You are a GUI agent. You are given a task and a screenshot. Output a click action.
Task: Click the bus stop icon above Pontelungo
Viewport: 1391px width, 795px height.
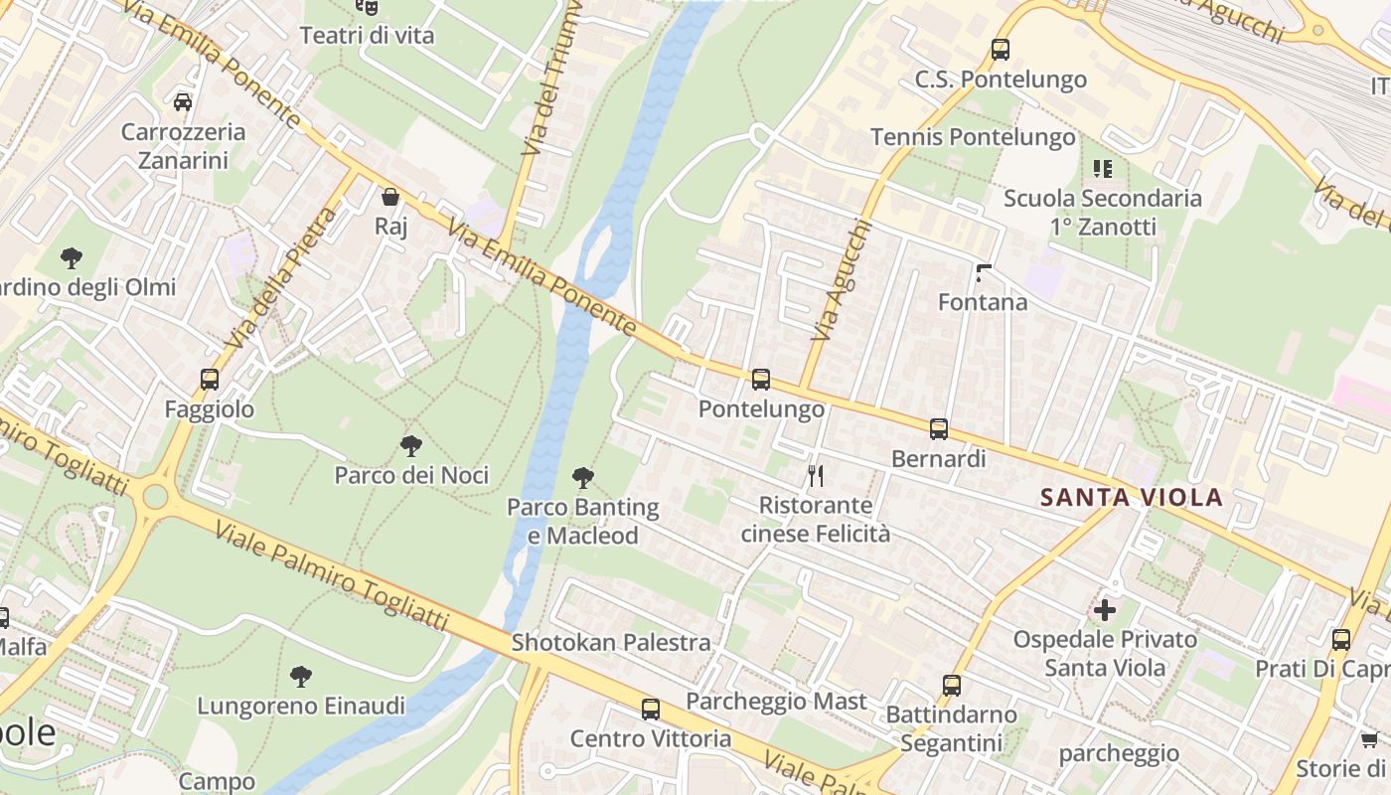tap(761, 379)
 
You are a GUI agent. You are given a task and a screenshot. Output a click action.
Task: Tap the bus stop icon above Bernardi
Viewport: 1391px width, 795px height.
tap(939, 428)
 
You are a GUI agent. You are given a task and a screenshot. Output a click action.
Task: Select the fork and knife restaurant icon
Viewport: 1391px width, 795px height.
tap(816, 476)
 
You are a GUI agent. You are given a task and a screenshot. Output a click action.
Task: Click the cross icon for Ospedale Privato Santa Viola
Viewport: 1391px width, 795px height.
tap(1105, 609)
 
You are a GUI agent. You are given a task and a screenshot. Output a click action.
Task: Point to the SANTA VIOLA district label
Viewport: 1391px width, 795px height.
tap(1131, 498)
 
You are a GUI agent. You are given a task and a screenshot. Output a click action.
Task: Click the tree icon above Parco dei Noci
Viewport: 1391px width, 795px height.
tap(411, 445)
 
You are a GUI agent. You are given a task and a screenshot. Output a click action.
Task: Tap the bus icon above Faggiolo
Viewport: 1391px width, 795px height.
tap(210, 379)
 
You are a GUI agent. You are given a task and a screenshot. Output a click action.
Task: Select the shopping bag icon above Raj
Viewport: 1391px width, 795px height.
tap(390, 197)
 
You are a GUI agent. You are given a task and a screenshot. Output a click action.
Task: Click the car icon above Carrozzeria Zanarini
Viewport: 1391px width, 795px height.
tap(183, 101)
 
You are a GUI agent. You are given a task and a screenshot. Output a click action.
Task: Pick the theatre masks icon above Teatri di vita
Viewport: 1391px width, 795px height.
tap(368, 8)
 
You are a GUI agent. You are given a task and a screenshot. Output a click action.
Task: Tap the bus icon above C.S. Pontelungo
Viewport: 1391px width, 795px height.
tap(1001, 49)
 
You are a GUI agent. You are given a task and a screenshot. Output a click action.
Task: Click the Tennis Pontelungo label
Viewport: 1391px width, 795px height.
tap(973, 137)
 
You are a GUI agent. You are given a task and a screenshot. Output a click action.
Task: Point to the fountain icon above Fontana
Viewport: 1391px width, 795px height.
tap(984, 272)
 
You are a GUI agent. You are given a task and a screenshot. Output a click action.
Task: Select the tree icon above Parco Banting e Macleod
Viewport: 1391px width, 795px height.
tap(583, 478)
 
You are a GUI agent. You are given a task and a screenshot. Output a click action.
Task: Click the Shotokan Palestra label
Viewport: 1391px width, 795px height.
tap(611, 643)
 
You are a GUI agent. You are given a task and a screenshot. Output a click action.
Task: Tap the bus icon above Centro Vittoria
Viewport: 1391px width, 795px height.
tap(651, 709)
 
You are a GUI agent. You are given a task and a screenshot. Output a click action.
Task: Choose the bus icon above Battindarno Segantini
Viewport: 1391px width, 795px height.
tap(952, 685)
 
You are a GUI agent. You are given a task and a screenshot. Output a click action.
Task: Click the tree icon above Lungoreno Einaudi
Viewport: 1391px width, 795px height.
tap(301, 677)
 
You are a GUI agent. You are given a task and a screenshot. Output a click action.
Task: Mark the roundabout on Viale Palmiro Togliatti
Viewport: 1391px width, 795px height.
tap(154, 496)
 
